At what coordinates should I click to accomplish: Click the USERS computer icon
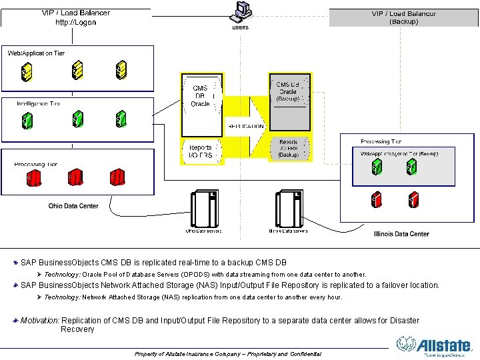[240, 11]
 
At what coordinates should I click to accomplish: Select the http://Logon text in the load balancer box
[75, 22]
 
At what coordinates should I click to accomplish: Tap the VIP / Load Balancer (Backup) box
[404, 17]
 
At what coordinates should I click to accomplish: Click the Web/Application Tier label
[36, 53]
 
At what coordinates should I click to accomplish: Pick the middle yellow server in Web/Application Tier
[77, 69]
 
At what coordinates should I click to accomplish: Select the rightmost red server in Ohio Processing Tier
[117, 178]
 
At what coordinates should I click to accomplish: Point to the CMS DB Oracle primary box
[201, 97]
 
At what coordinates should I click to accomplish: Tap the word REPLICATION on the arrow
[246, 126]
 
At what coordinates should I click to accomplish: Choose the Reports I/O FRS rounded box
[201, 151]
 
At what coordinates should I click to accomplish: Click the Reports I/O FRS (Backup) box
[289, 148]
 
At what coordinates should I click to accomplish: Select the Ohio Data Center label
[73, 206]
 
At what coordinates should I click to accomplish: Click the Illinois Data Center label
[401, 234]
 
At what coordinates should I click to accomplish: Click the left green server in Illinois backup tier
[377, 167]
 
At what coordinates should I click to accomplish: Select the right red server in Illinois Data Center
[413, 198]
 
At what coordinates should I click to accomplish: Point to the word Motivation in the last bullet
[40, 321]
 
